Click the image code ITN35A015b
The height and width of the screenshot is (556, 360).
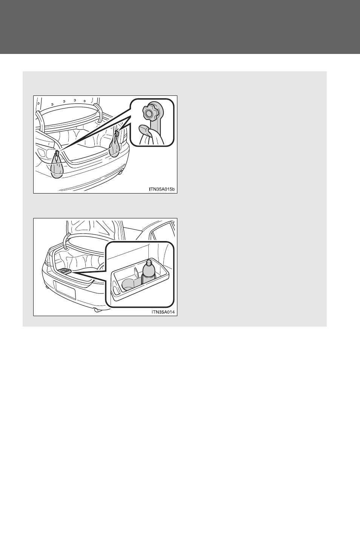(162, 189)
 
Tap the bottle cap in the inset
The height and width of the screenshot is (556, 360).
(148, 261)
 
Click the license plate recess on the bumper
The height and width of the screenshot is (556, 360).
(66, 289)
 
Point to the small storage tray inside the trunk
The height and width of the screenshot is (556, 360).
(66, 271)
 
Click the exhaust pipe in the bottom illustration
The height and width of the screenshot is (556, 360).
(97, 309)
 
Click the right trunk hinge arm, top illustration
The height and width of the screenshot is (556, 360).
(98, 113)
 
